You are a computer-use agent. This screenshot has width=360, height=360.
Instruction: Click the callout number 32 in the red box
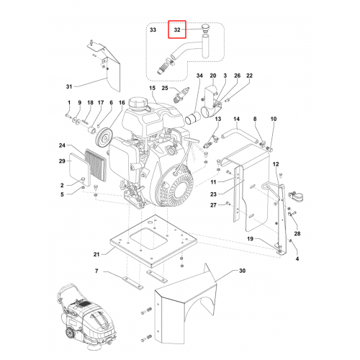(x=177, y=30)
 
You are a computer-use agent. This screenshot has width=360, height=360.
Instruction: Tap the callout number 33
(x=153, y=30)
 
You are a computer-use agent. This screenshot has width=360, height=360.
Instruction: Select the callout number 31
(x=69, y=86)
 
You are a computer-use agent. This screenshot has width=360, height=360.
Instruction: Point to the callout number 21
(x=96, y=254)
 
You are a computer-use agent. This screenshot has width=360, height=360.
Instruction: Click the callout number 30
(x=243, y=271)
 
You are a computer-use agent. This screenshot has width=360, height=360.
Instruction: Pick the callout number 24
(x=62, y=145)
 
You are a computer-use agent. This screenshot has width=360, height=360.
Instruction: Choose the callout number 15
(x=153, y=88)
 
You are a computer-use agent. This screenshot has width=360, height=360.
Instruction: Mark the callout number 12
(x=276, y=164)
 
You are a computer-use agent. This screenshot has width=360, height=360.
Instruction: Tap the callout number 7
(x=96, y=271)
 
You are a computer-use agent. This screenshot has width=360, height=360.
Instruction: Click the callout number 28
(x=297, y=233)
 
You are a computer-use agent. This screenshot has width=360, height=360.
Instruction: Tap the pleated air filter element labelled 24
(x=96, y=166)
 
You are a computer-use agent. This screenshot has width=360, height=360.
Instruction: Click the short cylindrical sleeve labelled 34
(x=193, y=119)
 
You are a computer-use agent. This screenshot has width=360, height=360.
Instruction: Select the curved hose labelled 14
(x=240, y=135)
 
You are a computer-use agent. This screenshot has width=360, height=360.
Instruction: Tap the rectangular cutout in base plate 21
(x=148, y=238)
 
